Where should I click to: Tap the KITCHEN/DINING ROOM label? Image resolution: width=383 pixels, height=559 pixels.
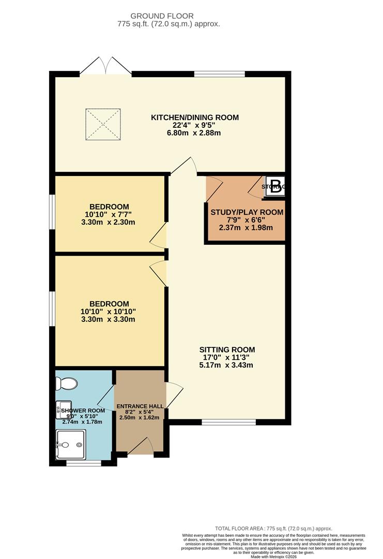point(195,117)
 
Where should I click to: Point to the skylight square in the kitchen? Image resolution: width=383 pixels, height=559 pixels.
point(103,124)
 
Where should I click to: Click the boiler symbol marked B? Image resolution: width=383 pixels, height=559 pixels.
point(276,188)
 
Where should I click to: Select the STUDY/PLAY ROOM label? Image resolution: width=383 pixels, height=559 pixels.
point(247,212)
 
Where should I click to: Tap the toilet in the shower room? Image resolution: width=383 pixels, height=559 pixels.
point(67,384)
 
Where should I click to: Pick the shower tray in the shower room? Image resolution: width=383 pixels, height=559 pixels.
point(71,444)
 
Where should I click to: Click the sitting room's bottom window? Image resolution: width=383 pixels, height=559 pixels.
point(228,422)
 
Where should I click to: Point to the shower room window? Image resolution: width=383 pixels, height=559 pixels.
point(84,463)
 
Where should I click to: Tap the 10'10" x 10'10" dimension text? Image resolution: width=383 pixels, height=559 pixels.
point(108,312)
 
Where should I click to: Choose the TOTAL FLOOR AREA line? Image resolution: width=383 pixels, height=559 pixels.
point(273,528)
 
